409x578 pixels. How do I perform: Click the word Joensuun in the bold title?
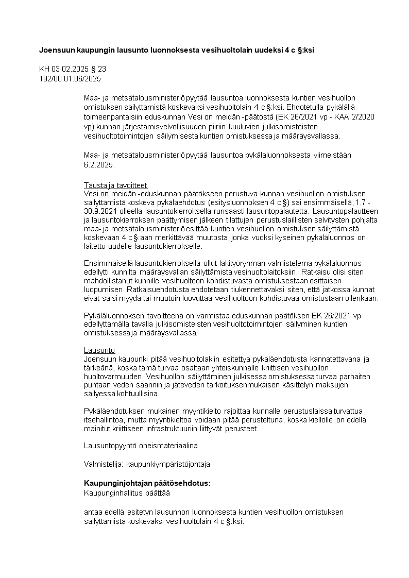click(x=56, y=50)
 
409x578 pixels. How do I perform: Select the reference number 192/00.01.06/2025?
click(x=70, y=79)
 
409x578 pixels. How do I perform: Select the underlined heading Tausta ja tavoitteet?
click(x=115, y=185)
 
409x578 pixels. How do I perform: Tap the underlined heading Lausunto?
click(x=99, y=350)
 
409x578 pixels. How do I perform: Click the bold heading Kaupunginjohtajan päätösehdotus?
click(x=147, y=483)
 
